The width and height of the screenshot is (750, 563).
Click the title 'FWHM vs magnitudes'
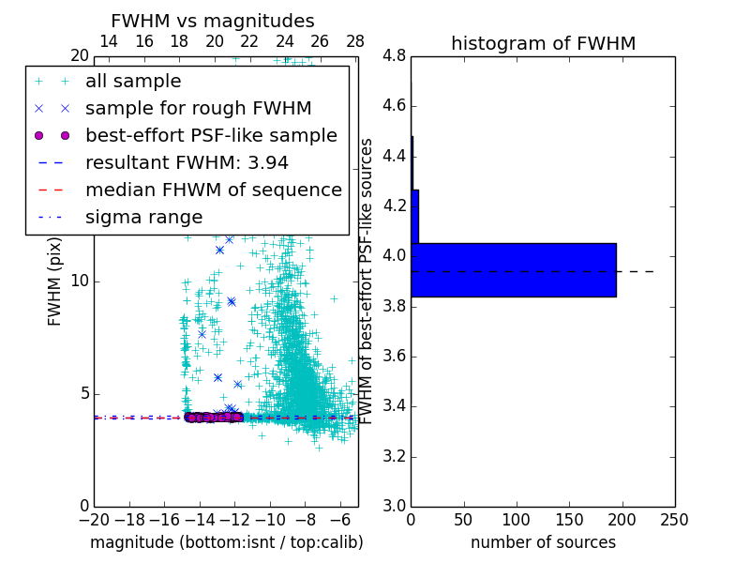(x=213, y=21)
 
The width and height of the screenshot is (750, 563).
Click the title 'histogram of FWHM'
(x=543, y=43)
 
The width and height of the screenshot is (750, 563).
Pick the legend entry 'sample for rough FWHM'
(x=198, y=109)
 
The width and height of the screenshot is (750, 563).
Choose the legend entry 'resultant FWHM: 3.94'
(x=187, y=162)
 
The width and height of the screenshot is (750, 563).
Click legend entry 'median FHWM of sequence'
(x=213, y=190)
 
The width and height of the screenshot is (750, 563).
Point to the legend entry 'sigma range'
(x=143, y=217)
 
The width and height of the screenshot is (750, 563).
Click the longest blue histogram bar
(x=513, y=270)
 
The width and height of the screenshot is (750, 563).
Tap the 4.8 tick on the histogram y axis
(x=395, y=56)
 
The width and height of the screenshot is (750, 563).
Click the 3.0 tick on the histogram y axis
(x=395, y=507)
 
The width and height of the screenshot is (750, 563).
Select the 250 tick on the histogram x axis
(x=674, y=519)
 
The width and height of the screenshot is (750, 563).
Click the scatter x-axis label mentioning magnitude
(x=226, y=542)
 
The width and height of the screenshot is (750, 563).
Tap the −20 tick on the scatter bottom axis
(x=94, y=519)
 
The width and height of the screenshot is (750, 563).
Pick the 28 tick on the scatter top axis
(x=354, y=42)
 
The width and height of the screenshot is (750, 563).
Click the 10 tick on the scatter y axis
(x=80, y=281)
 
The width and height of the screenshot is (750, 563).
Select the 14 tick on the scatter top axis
(x=109, y=42)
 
